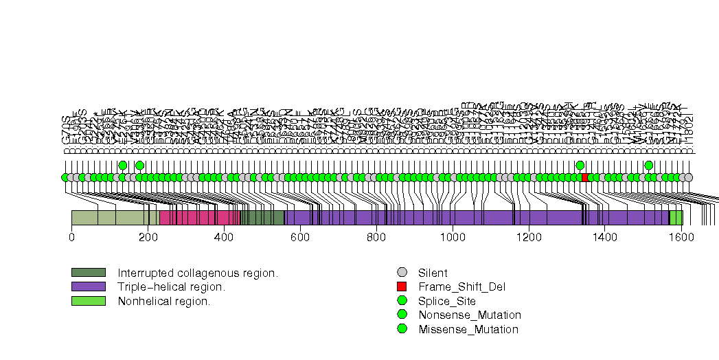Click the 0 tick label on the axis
pyautogui.click(x=71, y=237)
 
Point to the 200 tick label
pyautogui.click(x=148, y=237)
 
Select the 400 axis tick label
pyautogui.click(x=224, y=237)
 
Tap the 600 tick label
pyautogui.click(x=300, y=237)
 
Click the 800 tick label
pyautogui.click(x=376, y=237)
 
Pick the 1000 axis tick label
pyautogui.click(x=452, y=237)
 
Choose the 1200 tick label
pyautogui.click(x=528, y=237)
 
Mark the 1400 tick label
pyautogui.click(x=604, y=237)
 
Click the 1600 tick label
pyautogui.click(x=681, y=237)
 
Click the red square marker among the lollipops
pyautogui.click(x=585, y=177)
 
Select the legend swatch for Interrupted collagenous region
pyautogui.click(x=88, y=273)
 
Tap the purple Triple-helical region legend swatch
pyautogui.click(x=88, y=286)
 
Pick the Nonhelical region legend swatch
pyautogui.click(x=88, y=301)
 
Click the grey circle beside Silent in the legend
pyautogui.click(x=402, y=273)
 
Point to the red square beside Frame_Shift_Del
pyautogui.click(x=402, y=286)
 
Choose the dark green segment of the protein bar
pyautogui.click(x=264, y=218)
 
